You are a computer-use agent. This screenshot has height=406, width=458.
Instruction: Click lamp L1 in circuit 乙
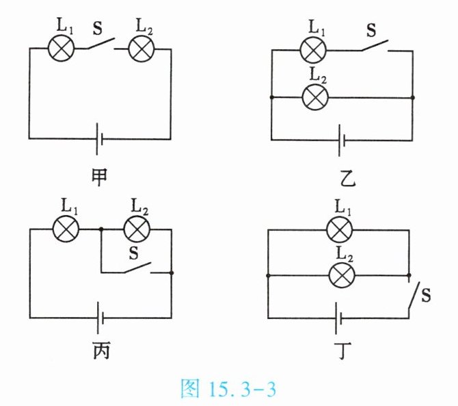pyautogui.click(x=314, y=50)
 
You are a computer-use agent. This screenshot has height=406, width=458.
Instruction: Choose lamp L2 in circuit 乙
pyautogui.click(x=314, y=97)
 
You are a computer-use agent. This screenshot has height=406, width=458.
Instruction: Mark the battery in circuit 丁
pyautogui.click(x=337, y=317)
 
